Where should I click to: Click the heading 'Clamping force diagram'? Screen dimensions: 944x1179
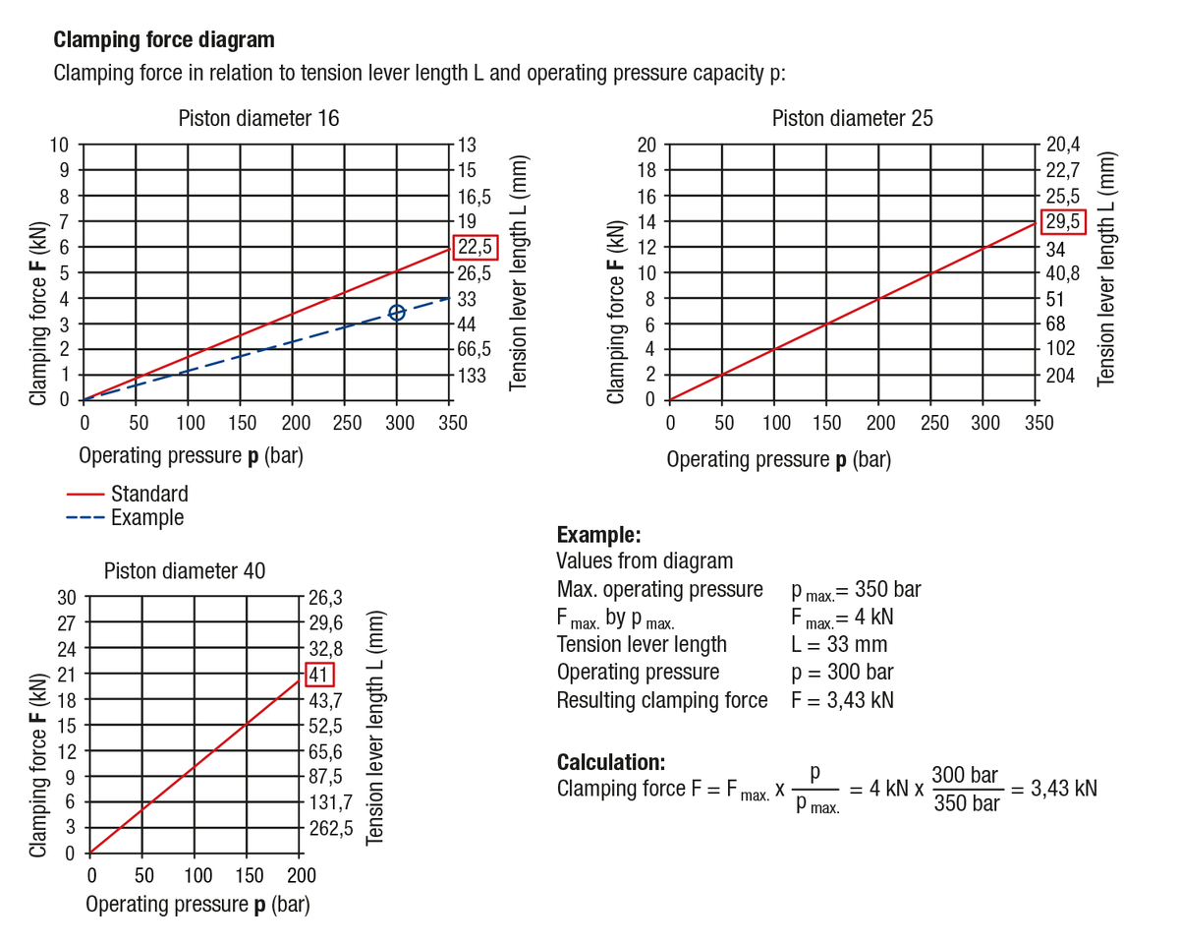pyautogui.click(x=164, y=40)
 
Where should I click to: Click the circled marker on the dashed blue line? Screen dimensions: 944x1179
pyautogui.click(x=397, y=313)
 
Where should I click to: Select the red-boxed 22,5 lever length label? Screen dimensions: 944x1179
pyautogui.click(x=477, y=247)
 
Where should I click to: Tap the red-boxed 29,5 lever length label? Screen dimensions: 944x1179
pyautogui.click(x=1063, y=221)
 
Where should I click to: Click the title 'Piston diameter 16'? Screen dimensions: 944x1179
pyautogui.click(x=258, y=118)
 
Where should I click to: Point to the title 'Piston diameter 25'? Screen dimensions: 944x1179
pyautogui.click(x=852, y=118)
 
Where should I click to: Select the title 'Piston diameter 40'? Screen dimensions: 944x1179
pyautogui.click(x=185, y=570)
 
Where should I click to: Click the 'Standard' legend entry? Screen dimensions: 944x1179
pyautogui.click(x=149, y=494)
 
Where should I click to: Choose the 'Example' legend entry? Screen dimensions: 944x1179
pyautogui.click(x=147, y=517)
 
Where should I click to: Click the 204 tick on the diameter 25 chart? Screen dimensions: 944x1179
pyautogui.click(x=1061, y=375)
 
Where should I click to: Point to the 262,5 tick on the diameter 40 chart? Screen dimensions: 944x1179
pyautogui.click(x=331, y=828)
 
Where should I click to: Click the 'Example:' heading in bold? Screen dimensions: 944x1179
pyautogui.click(x=598, y=535)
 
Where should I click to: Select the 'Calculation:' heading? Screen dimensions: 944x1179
pyautogui.click(x=611, y=762)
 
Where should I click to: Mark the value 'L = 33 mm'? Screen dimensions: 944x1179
pyautogui.click(x=839, y=645)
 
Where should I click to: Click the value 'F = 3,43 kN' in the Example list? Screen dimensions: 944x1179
pyautogui.click(x=843, y=700)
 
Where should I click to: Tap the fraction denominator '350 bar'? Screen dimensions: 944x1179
pyautogui.click(x=967, y=803)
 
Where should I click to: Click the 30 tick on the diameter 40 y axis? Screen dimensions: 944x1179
pyautogui.click(x=66, y=597)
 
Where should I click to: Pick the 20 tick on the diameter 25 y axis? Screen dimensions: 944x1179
pyautogui.click(x=646, y=145)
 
